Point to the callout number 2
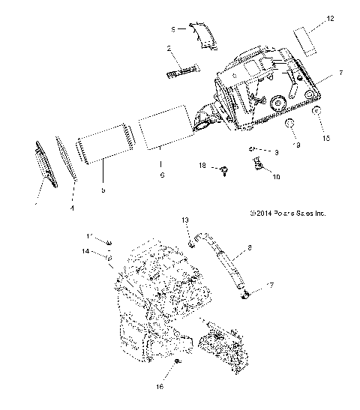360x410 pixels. click(x=169, y=49)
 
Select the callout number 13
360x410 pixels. click(x=184, y=220)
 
